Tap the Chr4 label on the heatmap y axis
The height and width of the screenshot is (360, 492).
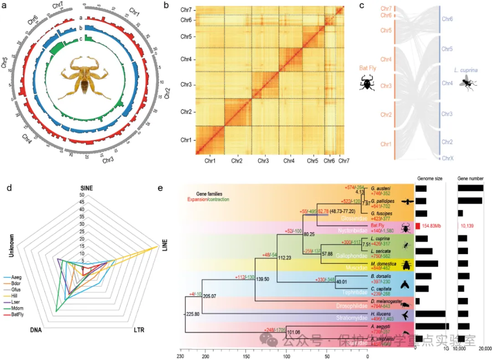tap(186, 59)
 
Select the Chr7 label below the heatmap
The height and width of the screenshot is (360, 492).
tap(344, 160)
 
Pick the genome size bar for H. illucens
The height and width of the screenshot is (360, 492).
tap(430, 314)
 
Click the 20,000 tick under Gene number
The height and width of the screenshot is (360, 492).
tap(484, 349)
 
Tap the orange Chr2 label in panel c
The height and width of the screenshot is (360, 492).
tap(386, 114)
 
